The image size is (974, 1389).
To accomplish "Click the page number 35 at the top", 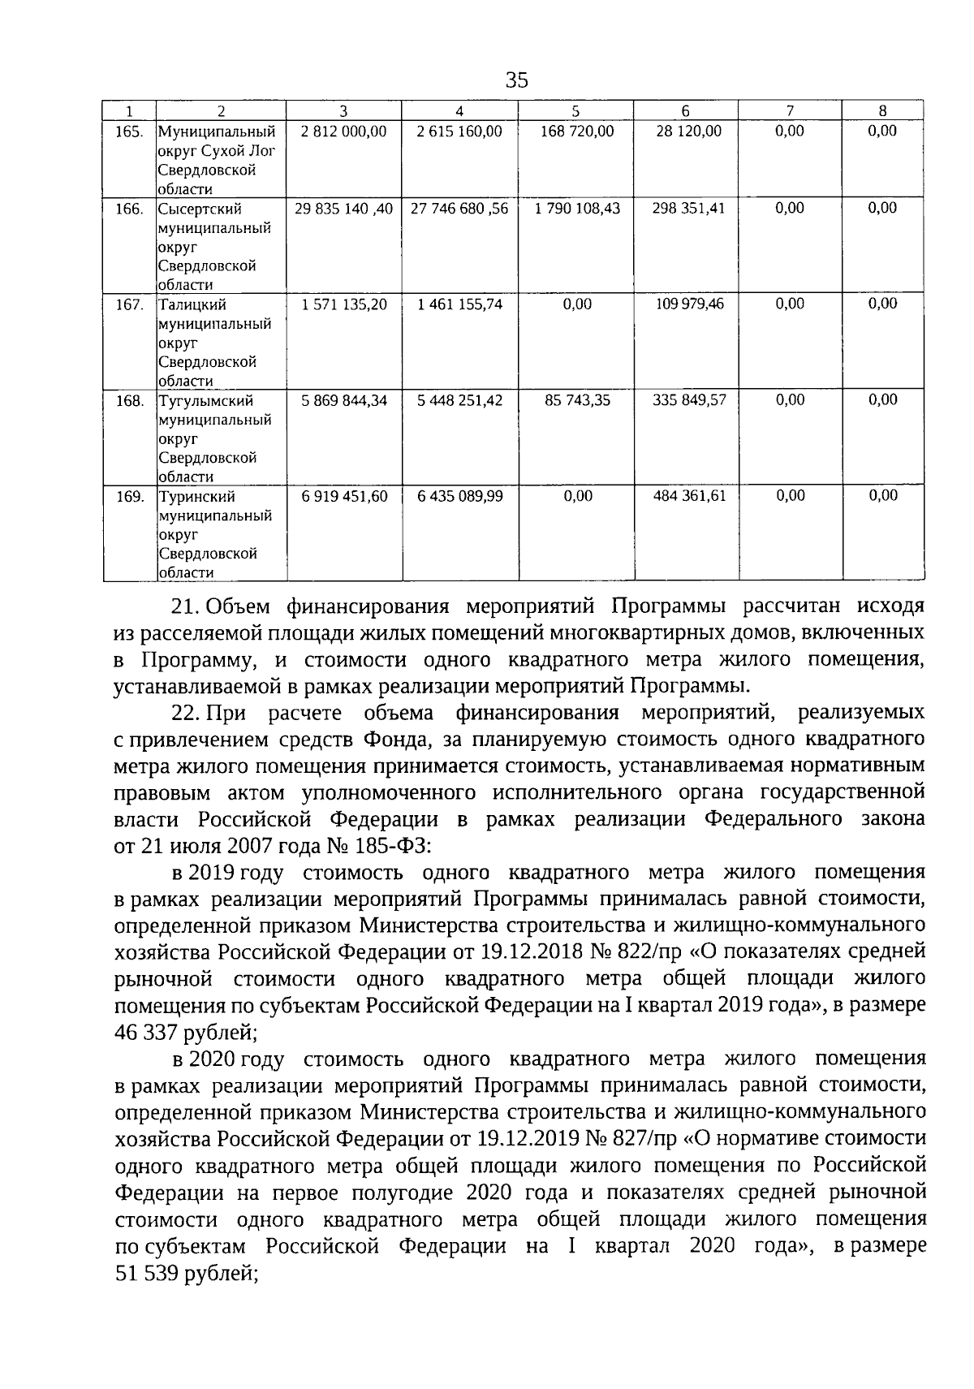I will pos(516,80).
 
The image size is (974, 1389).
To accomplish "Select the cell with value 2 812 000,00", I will pos(343,132).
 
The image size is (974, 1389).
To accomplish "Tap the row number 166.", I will pos(130,209).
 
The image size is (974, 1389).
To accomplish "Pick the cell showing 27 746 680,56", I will pos(459,209).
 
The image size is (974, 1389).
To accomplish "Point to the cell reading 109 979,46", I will pos(689,304).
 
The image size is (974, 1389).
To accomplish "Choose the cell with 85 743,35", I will pos(577,400).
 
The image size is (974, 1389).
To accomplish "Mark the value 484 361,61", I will pos(689,496).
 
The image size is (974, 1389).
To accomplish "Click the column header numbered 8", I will pos(882,111).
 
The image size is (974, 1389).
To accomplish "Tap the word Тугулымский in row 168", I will pos(205,401).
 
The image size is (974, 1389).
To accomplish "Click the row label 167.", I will pos(130,304).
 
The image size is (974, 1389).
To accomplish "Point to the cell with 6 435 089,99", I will pos(459,496).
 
